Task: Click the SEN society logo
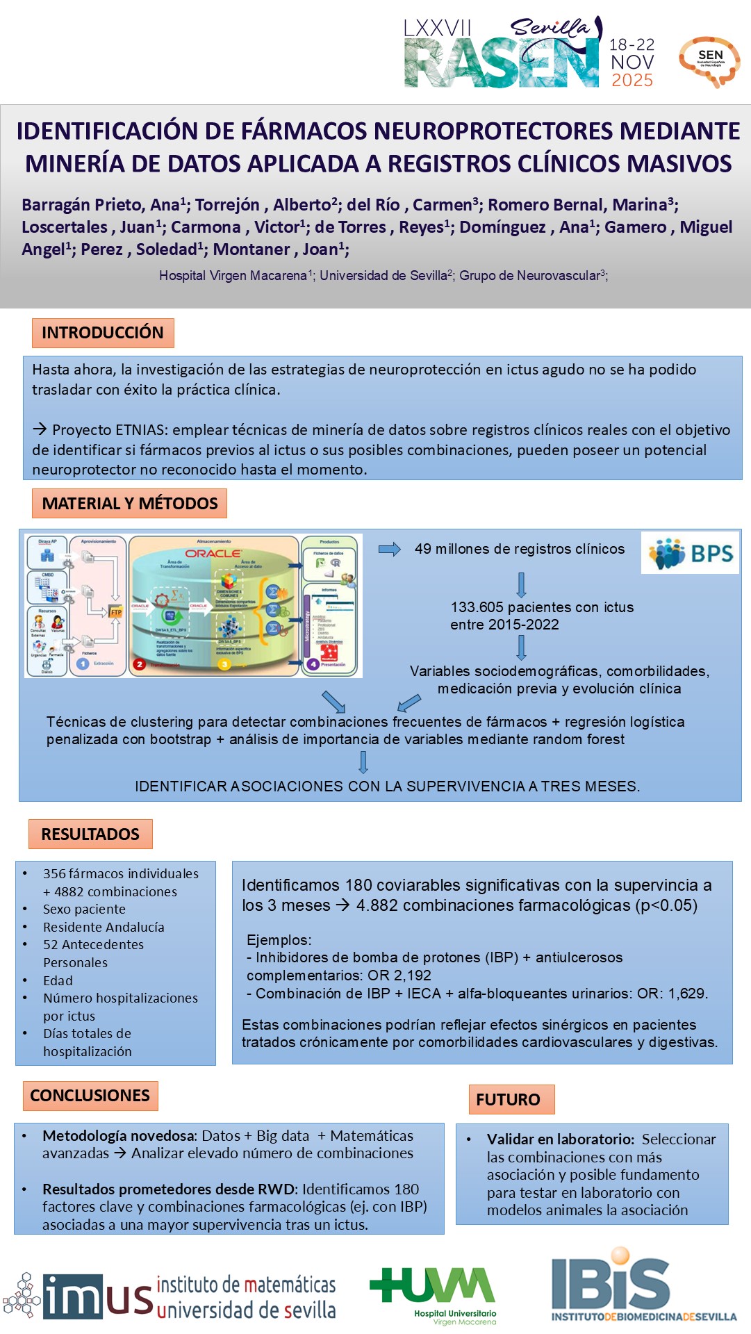point(709,61)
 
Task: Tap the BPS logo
point(690,553)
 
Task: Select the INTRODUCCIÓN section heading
point(103,333)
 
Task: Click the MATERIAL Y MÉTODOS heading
point(130,504)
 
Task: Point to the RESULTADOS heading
point(90,834)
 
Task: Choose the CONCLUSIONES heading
point(90,1096)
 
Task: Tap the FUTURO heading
point(508,1100)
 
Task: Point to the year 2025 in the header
point(632,81)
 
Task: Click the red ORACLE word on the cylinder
point(213,554)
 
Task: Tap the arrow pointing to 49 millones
point(390,550)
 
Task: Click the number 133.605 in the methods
point(476,607)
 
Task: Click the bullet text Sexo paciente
point(84,909)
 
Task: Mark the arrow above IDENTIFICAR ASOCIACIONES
point(363,762)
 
